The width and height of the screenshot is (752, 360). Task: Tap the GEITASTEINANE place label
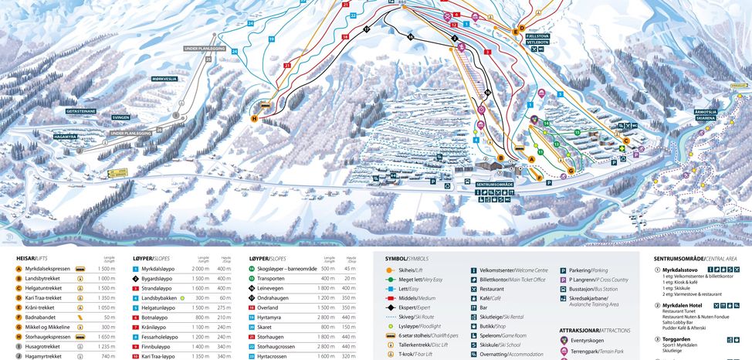click(81, 111)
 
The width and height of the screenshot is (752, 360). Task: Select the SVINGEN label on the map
click(120, 117)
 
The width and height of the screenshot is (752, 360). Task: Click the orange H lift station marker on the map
click(254, 118)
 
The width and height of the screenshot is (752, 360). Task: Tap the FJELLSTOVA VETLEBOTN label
click(537, 39)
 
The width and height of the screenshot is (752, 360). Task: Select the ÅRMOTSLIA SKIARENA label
click(706, 114)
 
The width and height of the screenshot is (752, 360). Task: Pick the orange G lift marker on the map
click(571, 170)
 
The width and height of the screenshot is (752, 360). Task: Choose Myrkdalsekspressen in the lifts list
click(52, 268)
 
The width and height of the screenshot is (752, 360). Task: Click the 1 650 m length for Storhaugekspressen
click(107, 337)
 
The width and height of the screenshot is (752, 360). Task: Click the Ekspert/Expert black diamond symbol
click(391, 307)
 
